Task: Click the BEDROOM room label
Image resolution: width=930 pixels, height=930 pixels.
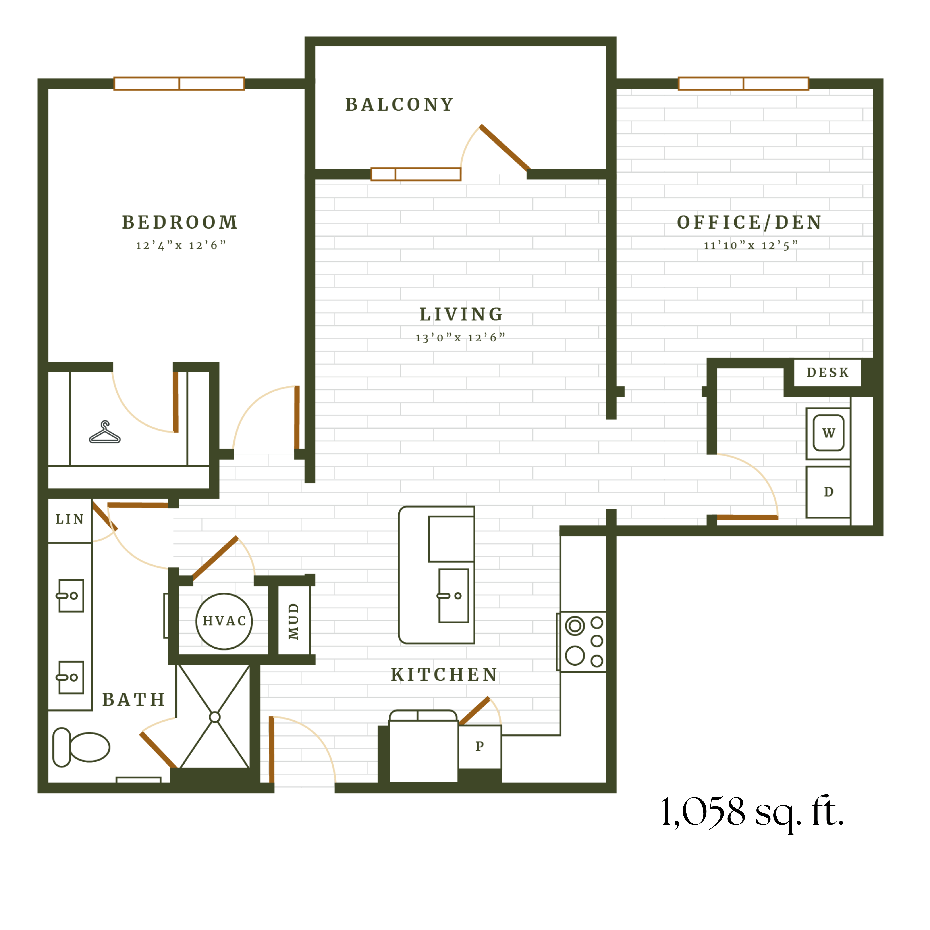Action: point(180,222)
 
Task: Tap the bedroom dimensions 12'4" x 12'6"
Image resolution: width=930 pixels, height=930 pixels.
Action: point(181,246)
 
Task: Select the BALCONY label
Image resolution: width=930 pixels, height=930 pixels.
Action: point(400,104)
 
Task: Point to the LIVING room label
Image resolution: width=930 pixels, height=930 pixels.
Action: point(461,314)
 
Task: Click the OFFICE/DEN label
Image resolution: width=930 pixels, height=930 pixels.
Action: point(749,222)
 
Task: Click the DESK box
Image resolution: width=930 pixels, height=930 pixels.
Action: point(827,372)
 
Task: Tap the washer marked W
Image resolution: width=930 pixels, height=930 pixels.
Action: point(828,433)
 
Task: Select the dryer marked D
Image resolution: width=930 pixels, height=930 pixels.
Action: point(828,492)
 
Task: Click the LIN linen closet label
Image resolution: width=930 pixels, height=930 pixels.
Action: point(70,519)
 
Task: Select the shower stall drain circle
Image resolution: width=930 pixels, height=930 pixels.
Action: point(215,717)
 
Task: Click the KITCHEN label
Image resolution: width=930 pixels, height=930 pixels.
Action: point(444,675)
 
